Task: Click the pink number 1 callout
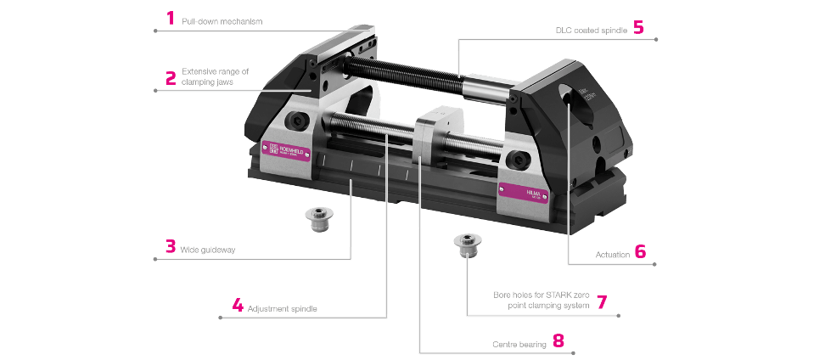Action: (x=171, y=19)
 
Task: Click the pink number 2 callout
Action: (x=171, y=78)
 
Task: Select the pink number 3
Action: (x=171, y=247)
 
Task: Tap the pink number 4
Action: (x=238, y=305)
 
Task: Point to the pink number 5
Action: (x=638, y=27)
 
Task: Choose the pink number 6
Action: (x=640, y=252)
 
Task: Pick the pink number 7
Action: (x=602, y=301)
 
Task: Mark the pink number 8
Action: (x=558, y=341)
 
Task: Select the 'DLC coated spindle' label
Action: (x=592, y=30)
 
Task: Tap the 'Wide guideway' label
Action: (x=208, y=250)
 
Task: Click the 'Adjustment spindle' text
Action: (x=282, y=307)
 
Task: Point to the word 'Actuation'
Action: (x=612, y=254)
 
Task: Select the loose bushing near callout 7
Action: (x=465, y=245)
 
